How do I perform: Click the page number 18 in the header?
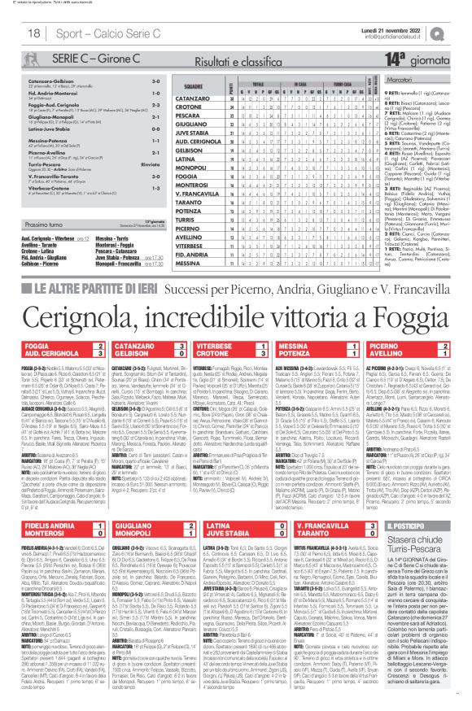[x=34, y=32]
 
